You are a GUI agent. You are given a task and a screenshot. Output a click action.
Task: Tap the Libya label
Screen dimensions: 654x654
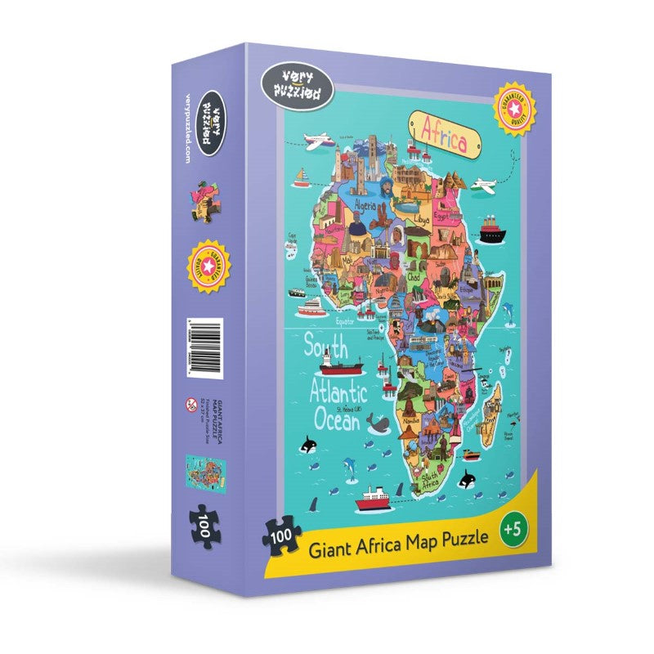click(x=421, y=220)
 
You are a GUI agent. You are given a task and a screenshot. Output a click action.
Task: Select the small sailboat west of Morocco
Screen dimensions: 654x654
click(x=302, y=177)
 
